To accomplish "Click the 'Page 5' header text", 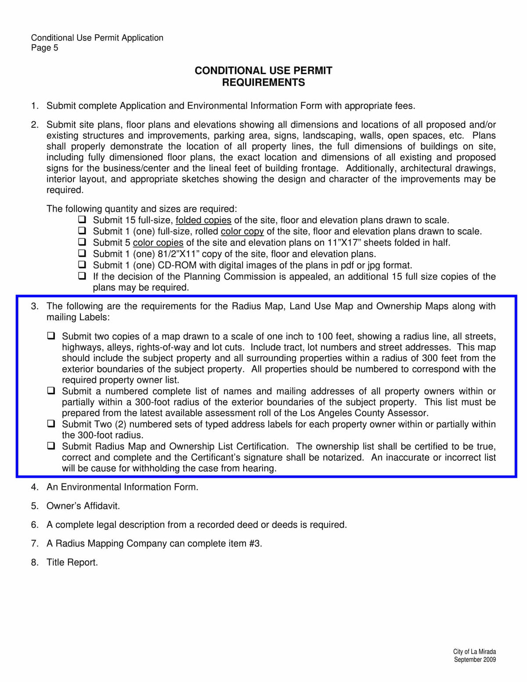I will pyautogui.click(x=44, y=48).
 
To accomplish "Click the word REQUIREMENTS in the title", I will pyautogui.click(x=263, y=83).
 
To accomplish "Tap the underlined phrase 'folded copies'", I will pyautogui.click(x=203, y=220).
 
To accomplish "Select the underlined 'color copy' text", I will pyautogui.click(x=242, y=231).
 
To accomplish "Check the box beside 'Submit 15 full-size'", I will pyautogui.click(x=82, y=219).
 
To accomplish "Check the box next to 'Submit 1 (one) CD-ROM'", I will pyautogui.click(x=82, y=264).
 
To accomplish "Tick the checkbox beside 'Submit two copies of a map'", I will pyautogui.click(x=51, y=336).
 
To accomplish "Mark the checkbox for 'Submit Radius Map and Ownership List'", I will pyautogui.click(x=51, y=446).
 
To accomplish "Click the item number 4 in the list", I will pyautogui.click(x=34, y=487).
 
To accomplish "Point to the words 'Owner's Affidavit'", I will pyautogui.click(x=83, y=506).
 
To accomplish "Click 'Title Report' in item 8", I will pyautogui.click(x=72, y=563).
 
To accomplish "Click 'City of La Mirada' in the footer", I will pyautogui.click(x=474, y=652).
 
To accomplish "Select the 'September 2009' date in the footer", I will pyautogui.click(x=475, y=660).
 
